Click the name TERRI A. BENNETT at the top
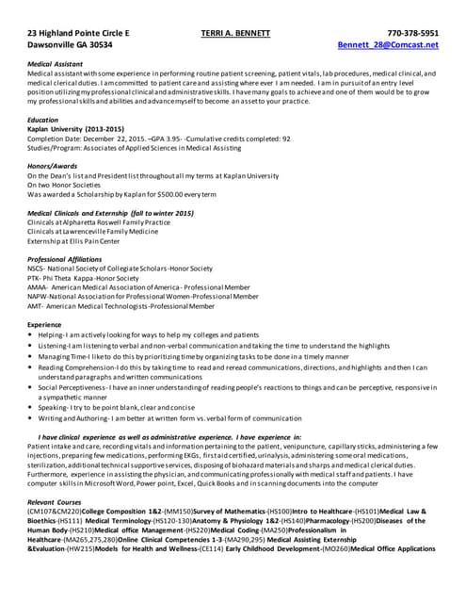[235, 33]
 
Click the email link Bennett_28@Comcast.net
[388, 45]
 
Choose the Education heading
[42, 121]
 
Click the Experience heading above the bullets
[44, 323]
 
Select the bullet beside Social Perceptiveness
[31, 387]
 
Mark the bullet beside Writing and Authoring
[31, 417]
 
